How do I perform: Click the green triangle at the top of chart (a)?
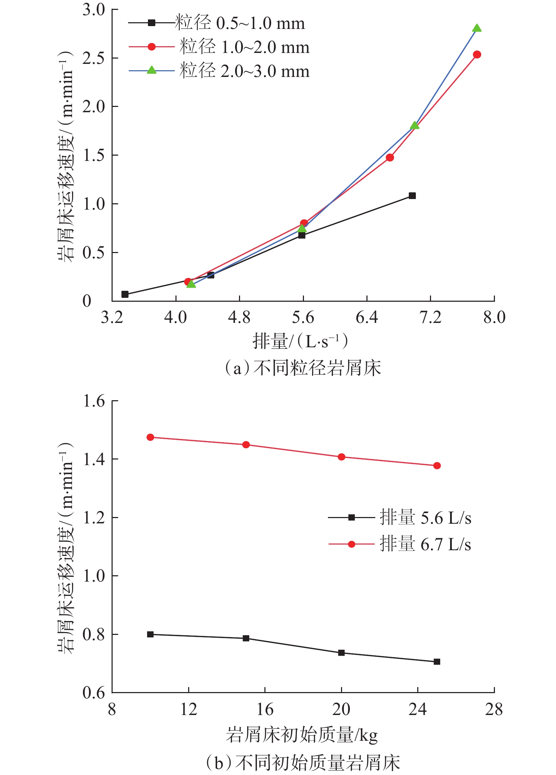tap(477, 28)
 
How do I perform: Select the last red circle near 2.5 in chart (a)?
tap(477, 54)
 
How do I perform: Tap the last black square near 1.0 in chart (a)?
tap(412, 196)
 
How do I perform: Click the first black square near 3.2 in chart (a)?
tap(125, 294)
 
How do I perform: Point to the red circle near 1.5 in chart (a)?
tap(390, 157)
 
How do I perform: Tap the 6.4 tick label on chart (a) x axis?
tap(366, 318)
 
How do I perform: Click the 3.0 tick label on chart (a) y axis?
tap(94, 10)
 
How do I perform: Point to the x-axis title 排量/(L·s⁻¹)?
tap(300, 341)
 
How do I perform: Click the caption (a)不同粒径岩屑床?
tap(303, 368)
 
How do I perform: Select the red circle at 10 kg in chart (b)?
tap(150, 437)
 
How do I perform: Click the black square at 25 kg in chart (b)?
tap(437, 662)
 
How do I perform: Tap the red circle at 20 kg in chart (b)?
tap(341, 457)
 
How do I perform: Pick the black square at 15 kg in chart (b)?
tap(246, 638)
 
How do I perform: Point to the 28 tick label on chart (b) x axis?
tap(494, 709)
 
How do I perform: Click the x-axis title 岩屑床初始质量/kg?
tap(302, 735)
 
